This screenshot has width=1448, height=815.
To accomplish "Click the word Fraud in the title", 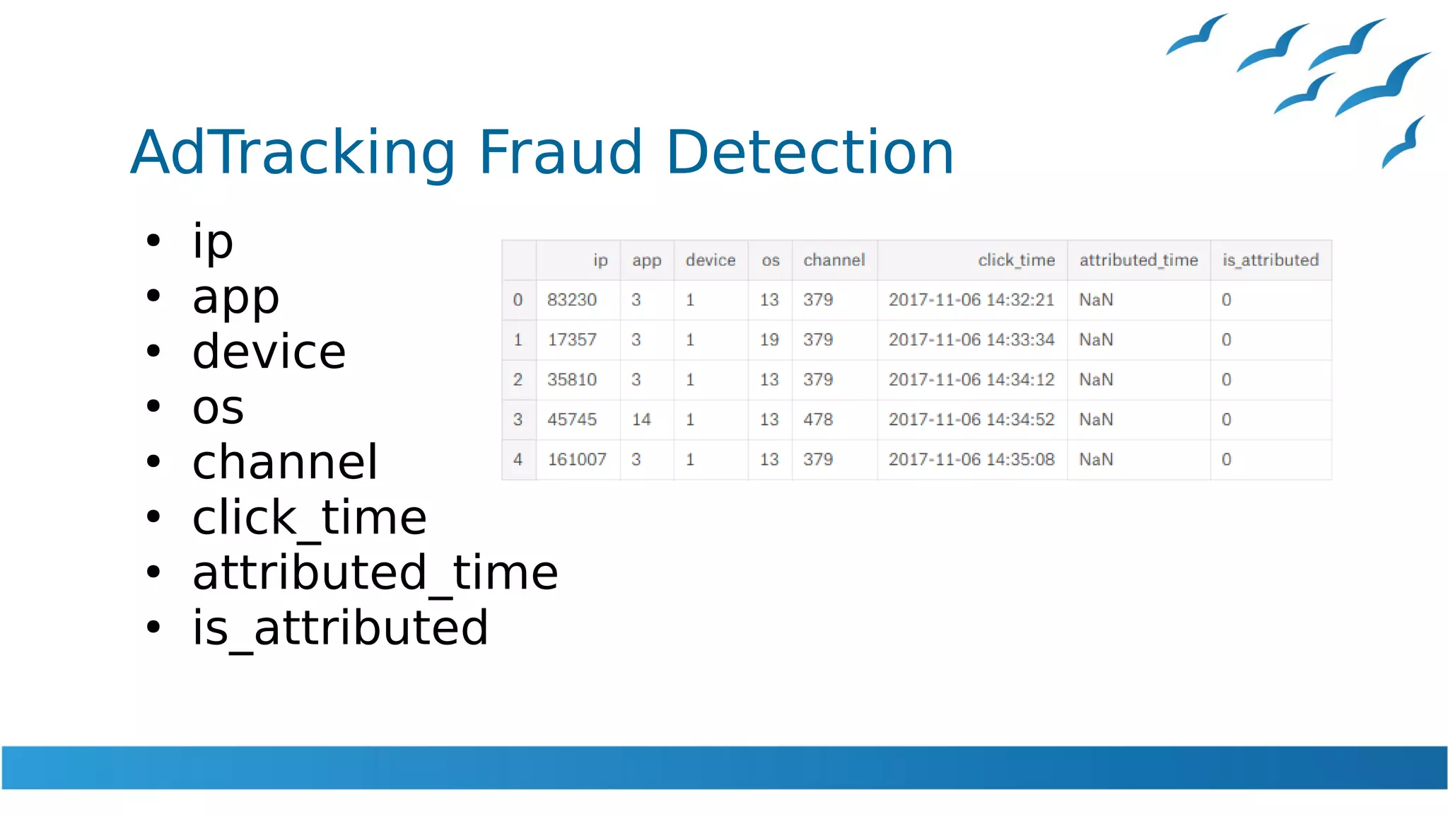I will (560, 152).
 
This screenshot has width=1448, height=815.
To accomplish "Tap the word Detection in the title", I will (810, 152).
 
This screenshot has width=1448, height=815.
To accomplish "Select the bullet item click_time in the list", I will (310, 518).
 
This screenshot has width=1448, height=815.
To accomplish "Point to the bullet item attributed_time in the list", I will (375, 573).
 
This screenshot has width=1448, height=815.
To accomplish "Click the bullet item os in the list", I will (218, 407).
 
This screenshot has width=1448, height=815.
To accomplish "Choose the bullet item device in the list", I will (269, 352).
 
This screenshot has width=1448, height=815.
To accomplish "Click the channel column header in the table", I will (834, 260).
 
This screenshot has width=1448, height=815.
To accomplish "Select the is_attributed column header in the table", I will (1271, 260).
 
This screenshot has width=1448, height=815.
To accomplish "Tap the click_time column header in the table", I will (1016, 260).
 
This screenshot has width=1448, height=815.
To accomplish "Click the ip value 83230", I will (572, 300).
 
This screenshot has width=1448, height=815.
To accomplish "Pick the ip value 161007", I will (577, 460).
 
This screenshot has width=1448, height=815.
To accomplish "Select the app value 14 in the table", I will (641, 420).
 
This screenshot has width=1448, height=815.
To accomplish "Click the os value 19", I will (769, 340).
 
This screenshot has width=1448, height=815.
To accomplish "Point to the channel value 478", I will (818, 420).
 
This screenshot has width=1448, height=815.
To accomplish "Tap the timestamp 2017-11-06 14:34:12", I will (971, 380).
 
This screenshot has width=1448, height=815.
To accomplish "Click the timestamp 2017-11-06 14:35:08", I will (971, 460).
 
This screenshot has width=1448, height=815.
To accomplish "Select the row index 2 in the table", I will (518, 380).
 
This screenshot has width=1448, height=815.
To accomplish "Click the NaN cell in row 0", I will (1096, 300).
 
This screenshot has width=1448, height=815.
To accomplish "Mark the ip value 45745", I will (572, 420).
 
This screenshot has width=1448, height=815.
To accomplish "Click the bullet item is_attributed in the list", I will (340, 628).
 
